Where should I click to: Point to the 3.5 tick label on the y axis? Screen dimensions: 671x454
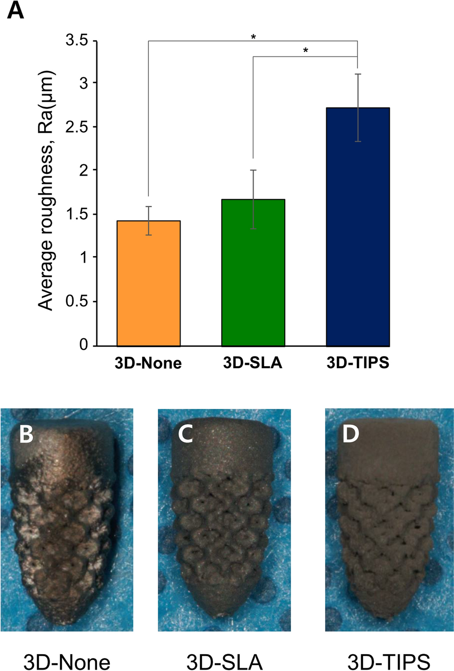77,41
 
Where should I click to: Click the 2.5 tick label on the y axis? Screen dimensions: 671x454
77,127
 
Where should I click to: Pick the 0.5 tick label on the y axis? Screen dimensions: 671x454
77,302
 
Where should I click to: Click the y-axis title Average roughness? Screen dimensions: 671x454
46,190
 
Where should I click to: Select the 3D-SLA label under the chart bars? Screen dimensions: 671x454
253,363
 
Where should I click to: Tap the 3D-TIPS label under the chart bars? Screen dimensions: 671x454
358,363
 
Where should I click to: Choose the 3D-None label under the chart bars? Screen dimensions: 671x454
148,363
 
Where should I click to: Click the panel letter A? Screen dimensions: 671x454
15,10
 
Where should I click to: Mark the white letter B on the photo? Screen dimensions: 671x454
26,434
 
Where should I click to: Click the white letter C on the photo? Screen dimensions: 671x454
186,434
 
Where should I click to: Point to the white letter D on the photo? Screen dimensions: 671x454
350,434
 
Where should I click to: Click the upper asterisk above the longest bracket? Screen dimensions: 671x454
253,37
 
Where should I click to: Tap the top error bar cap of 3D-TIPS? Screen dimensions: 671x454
358,74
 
